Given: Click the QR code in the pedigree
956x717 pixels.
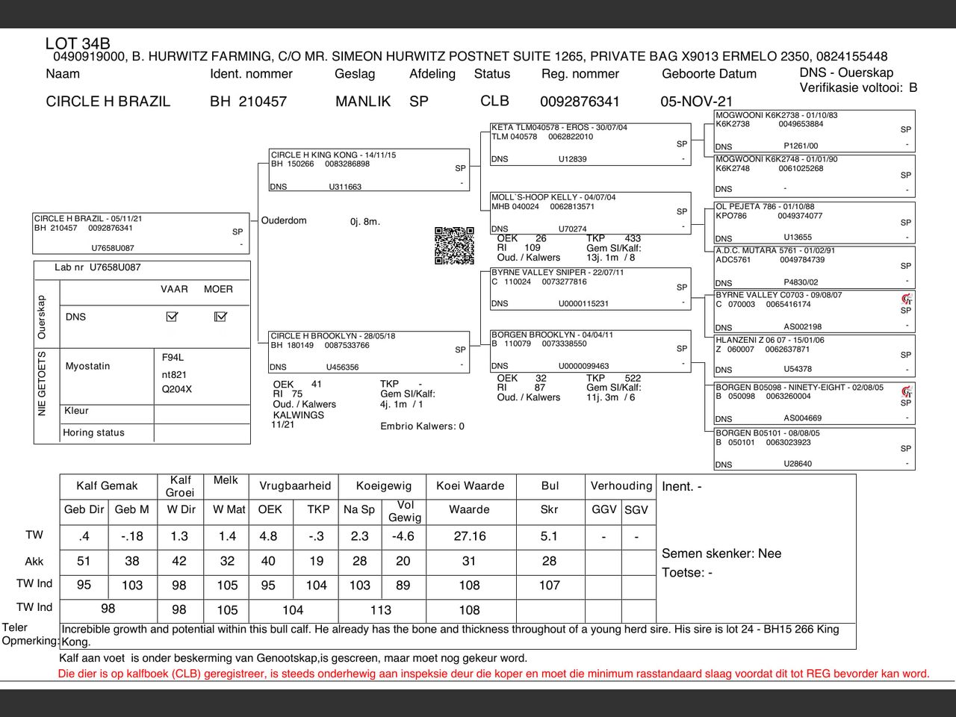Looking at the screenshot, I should click(454, 246).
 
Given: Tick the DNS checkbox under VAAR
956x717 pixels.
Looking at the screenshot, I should click(172, 317).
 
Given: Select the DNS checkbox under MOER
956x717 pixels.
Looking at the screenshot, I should click(220, 317).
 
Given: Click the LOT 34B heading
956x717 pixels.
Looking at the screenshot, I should click(78, 44).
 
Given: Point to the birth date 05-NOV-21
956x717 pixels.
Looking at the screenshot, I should click(696, 102).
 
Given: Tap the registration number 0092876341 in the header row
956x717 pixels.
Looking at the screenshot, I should click(580, 102).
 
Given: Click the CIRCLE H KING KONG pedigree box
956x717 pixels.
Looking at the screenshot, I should click(369, 170).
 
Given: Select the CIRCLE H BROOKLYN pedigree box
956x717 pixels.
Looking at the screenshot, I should click(369, 351).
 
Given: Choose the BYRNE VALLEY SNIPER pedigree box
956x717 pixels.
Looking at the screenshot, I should click(590, 288).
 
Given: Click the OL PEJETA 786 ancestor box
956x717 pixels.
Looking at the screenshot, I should click(814, 222).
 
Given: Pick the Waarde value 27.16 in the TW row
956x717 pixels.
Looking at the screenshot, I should click(470, 536).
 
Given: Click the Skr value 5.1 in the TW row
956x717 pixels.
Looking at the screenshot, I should click(549, 536).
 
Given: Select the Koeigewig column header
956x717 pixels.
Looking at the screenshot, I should click(383, 485).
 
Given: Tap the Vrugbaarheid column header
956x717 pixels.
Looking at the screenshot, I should click(295, 485).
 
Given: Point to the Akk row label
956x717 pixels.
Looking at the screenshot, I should click(34, 561).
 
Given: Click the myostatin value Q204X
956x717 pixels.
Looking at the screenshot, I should click(177, 389).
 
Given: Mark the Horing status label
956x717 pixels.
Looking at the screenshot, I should click(93, 432).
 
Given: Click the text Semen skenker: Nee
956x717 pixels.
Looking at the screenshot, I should click(721, 553).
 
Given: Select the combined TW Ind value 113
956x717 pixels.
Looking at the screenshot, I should click(381, 609).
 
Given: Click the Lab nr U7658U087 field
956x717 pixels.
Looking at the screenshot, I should click(98, 267).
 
